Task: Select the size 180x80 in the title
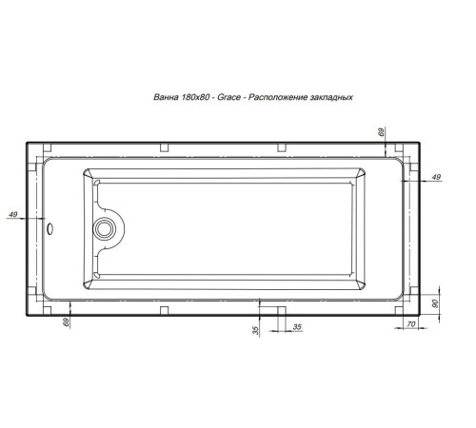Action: tap(195, 99)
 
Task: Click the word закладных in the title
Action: tap(333, 99)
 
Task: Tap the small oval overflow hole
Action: tap(50, 228)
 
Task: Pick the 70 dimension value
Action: tap(412, 325)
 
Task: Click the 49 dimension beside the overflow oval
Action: tap(13, 216)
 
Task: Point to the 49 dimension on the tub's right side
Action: tap(436, 178)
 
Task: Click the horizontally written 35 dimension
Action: tap(297, 326)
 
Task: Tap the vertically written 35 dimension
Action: tap(255, 329)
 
